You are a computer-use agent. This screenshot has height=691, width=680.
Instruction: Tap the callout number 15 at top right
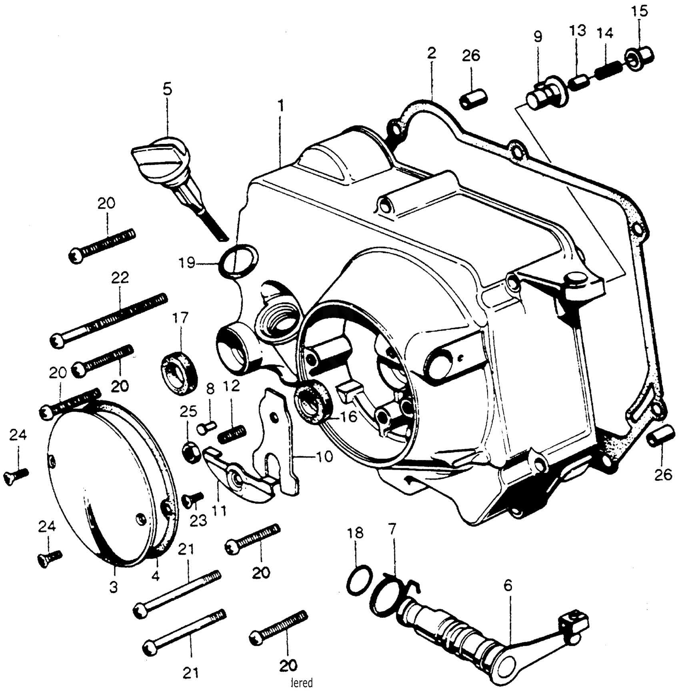[639, 11]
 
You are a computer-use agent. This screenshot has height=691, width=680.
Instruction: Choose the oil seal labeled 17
[179, 372]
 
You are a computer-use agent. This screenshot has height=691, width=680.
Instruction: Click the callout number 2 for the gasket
[431, 53]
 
